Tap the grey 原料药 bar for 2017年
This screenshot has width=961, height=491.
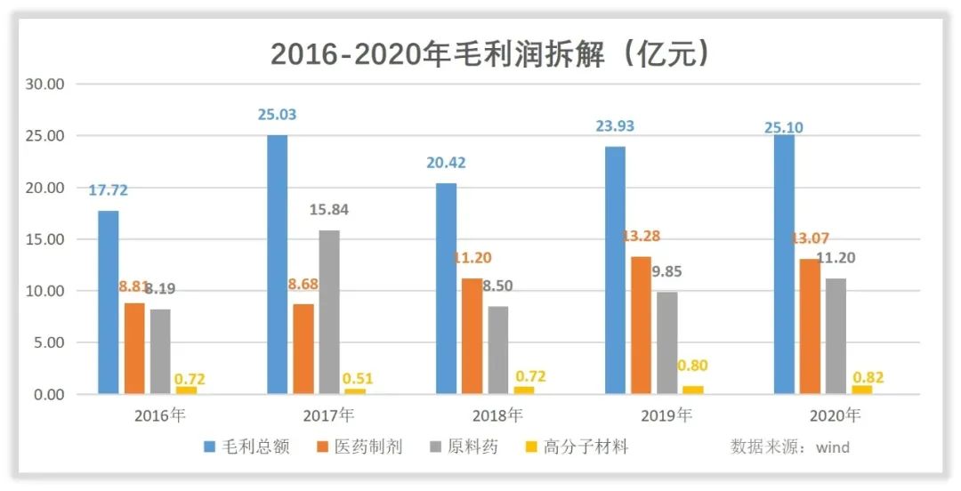[x=329, y=311]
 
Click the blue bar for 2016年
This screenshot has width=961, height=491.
[x=109, y=302]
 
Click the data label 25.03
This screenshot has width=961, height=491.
[x=277, y=115]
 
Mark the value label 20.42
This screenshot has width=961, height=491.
[x=446, y=163]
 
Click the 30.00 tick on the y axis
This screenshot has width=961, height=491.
[x=44, y=85]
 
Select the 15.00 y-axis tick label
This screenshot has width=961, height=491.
[x=44, y=239]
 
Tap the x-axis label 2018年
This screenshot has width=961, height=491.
[x=497, y=415]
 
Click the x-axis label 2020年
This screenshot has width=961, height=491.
[x=836, y=415]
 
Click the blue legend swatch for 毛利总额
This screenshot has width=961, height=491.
[x=210, y=447]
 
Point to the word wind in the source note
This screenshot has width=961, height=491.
[x=832, y=447]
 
